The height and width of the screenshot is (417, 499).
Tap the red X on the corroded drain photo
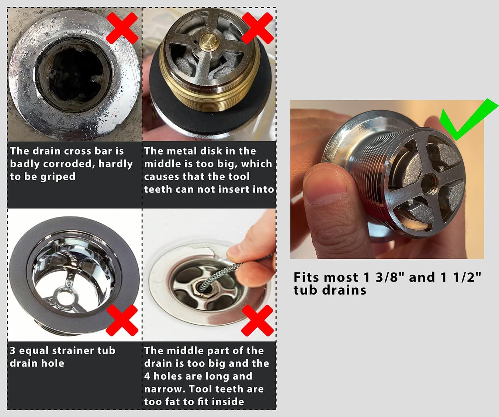122,28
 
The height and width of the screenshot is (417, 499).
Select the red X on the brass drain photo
257,28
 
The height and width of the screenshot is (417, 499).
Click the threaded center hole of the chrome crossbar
429,182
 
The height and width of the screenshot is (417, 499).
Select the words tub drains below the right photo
330,290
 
